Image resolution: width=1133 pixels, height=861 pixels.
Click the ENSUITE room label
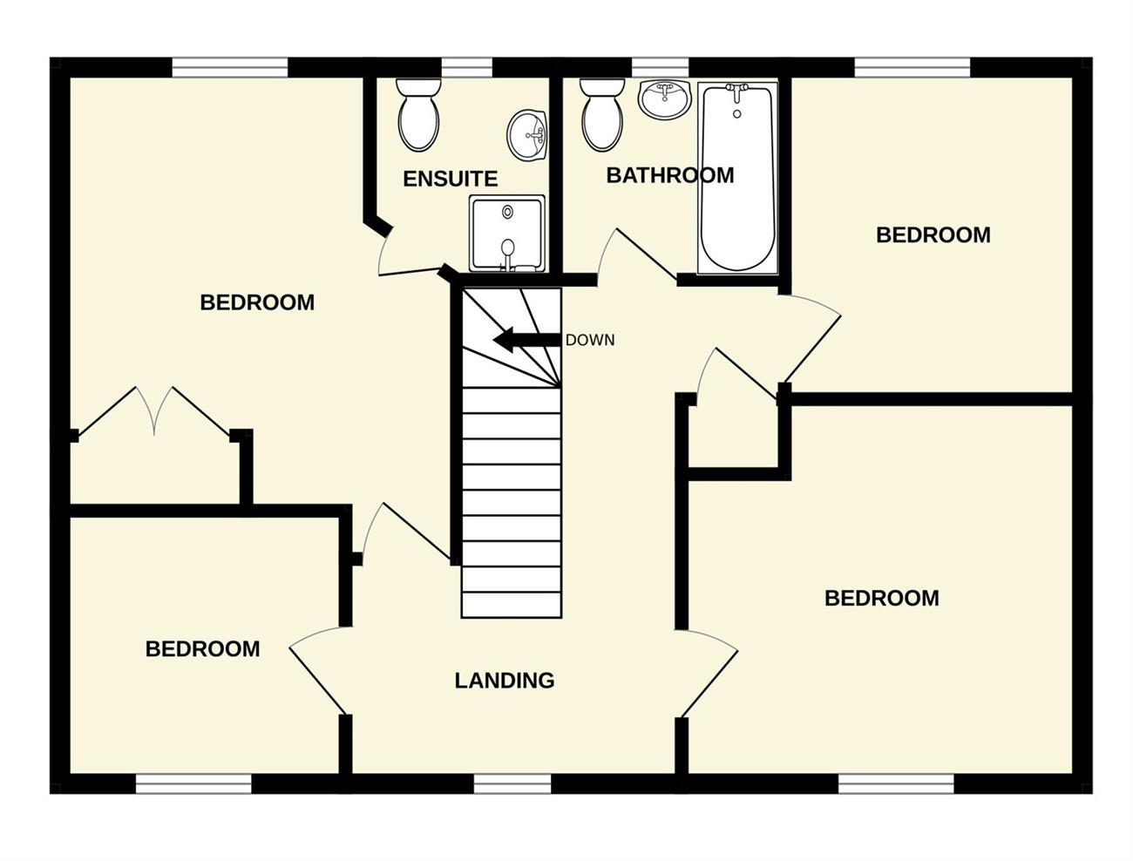tap(450, 179)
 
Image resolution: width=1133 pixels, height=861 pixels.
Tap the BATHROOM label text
tap(669, 175)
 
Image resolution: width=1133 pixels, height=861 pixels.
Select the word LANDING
tap(505, 681)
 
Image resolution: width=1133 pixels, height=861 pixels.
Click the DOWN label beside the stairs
tap(590, 340)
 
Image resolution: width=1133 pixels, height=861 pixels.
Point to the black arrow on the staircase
tap(526, 340)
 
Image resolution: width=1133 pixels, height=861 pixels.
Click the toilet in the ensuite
tap(418, 114)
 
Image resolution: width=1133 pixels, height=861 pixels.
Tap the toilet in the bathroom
tap(602, 114)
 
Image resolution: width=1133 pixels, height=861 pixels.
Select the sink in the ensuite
tap(526, 135)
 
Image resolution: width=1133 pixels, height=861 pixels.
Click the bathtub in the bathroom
tap(736, 178)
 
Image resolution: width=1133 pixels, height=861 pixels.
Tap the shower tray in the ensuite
tap(506, 234)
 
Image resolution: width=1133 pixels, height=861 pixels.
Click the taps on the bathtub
tap(736, 92)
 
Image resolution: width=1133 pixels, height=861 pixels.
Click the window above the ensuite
tap(466, 68)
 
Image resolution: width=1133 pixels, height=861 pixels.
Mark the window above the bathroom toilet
tap(660, 68)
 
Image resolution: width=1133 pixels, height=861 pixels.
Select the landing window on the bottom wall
tap(512, 784)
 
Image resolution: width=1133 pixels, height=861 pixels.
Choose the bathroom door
tap(637, 255)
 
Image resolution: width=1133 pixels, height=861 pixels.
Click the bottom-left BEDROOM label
tap(202, 648)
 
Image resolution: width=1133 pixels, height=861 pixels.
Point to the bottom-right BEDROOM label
tap(882, 598)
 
